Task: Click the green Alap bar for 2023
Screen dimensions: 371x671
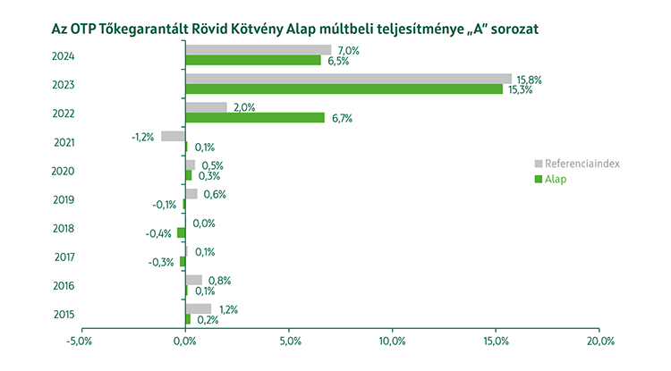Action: pyautogui.click(x=344, y=89)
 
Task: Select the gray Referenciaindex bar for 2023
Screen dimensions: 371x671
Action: pyautogui.click(x=348, y=79)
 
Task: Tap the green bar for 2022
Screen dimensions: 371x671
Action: pyautogui.click(x=254, y=117)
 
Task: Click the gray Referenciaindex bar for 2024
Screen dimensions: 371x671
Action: pyautogui.click(x=258, y=50)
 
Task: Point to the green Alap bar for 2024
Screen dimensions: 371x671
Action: pyautogui.click(x=252, y=60)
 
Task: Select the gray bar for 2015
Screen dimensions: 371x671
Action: pyautogui.click(x=198, y=308)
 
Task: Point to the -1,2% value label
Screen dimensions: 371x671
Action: pyautogui.click(x=143, y=137)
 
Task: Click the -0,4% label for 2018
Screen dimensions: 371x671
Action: pyautogui.click(x=159, y=233)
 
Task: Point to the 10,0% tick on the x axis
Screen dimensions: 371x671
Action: pyautogui.click(x=393, y=341)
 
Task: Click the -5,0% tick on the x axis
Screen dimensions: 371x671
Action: pyautogui.click(x=80, y=341)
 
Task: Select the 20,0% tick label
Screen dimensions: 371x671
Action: pyautogui.click(x=600, y=341)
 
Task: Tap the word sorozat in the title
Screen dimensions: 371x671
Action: pyautogui.click(x=514, y=29)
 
